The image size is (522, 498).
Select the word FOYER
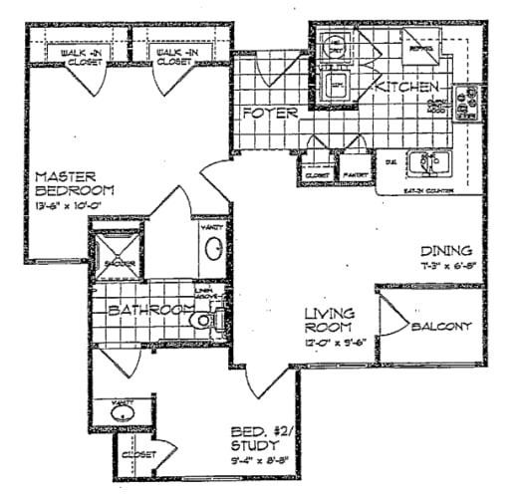(271, 114)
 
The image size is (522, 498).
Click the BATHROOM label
(149, 311)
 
